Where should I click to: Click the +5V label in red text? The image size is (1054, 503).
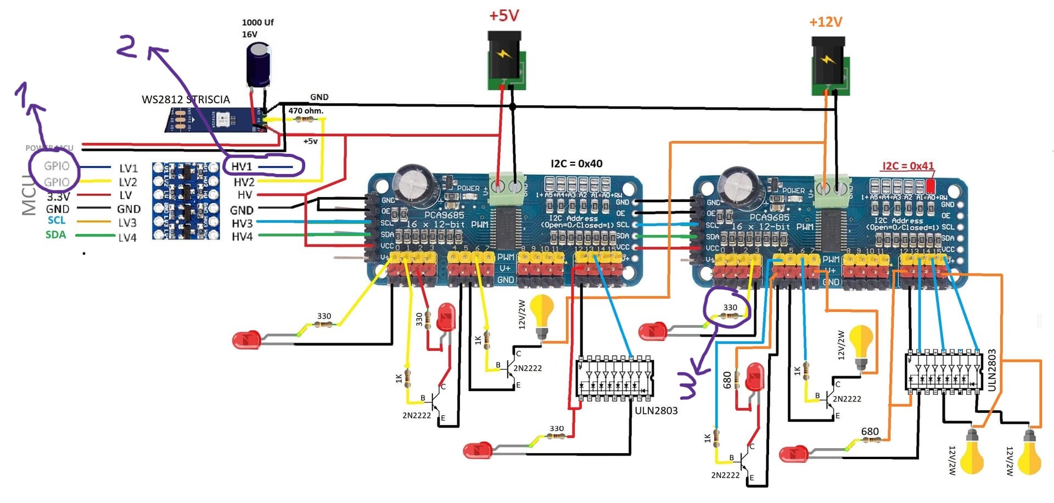tap(504, 15)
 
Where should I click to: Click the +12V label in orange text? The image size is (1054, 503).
tap(825, 22)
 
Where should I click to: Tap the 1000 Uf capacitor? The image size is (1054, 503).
tap(258, 65)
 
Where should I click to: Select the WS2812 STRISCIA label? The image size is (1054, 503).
tap(186, 99)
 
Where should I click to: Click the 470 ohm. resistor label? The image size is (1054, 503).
tap(306, 111)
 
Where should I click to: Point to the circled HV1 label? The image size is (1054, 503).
tap(242, 166)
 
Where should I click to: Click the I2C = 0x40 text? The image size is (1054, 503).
tap(576, 164)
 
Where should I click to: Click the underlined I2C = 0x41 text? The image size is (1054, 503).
tap(907, 166)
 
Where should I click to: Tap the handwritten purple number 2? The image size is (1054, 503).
tap(127, 47)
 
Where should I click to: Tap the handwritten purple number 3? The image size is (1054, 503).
tap(688, 384)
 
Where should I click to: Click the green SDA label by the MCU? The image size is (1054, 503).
tap(55, 234)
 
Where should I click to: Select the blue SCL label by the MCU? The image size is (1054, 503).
tap(57, 220)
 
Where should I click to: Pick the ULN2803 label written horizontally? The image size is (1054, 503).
tap(656, 410)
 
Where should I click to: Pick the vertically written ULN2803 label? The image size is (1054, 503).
tap(991, 370)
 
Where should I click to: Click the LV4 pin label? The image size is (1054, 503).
tap(127, 238)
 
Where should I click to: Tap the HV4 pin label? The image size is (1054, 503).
tap(242, 237)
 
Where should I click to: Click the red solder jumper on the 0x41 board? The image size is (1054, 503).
tap(930, 185)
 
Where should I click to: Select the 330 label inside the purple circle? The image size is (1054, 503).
tap(730, 308)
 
